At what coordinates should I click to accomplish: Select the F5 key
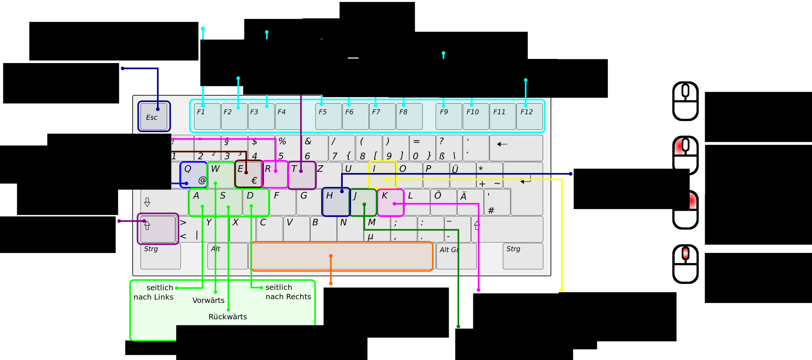coord(328,116)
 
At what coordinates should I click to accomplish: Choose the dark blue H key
coord(336,202)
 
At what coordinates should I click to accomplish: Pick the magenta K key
coord(391,203)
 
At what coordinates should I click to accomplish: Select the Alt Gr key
coord(456,256)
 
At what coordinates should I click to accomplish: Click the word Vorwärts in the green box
coord(209,300)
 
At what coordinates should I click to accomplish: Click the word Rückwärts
coord(228,317)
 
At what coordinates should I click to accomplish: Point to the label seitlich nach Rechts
coord(288,292)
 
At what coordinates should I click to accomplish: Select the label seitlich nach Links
coord(154,292)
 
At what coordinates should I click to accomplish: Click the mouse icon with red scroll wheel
coord(685,264)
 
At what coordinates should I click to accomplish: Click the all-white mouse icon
coord(685,101)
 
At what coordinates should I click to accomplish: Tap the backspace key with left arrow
coord(516,148)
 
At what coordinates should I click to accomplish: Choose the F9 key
coord(449,116)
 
